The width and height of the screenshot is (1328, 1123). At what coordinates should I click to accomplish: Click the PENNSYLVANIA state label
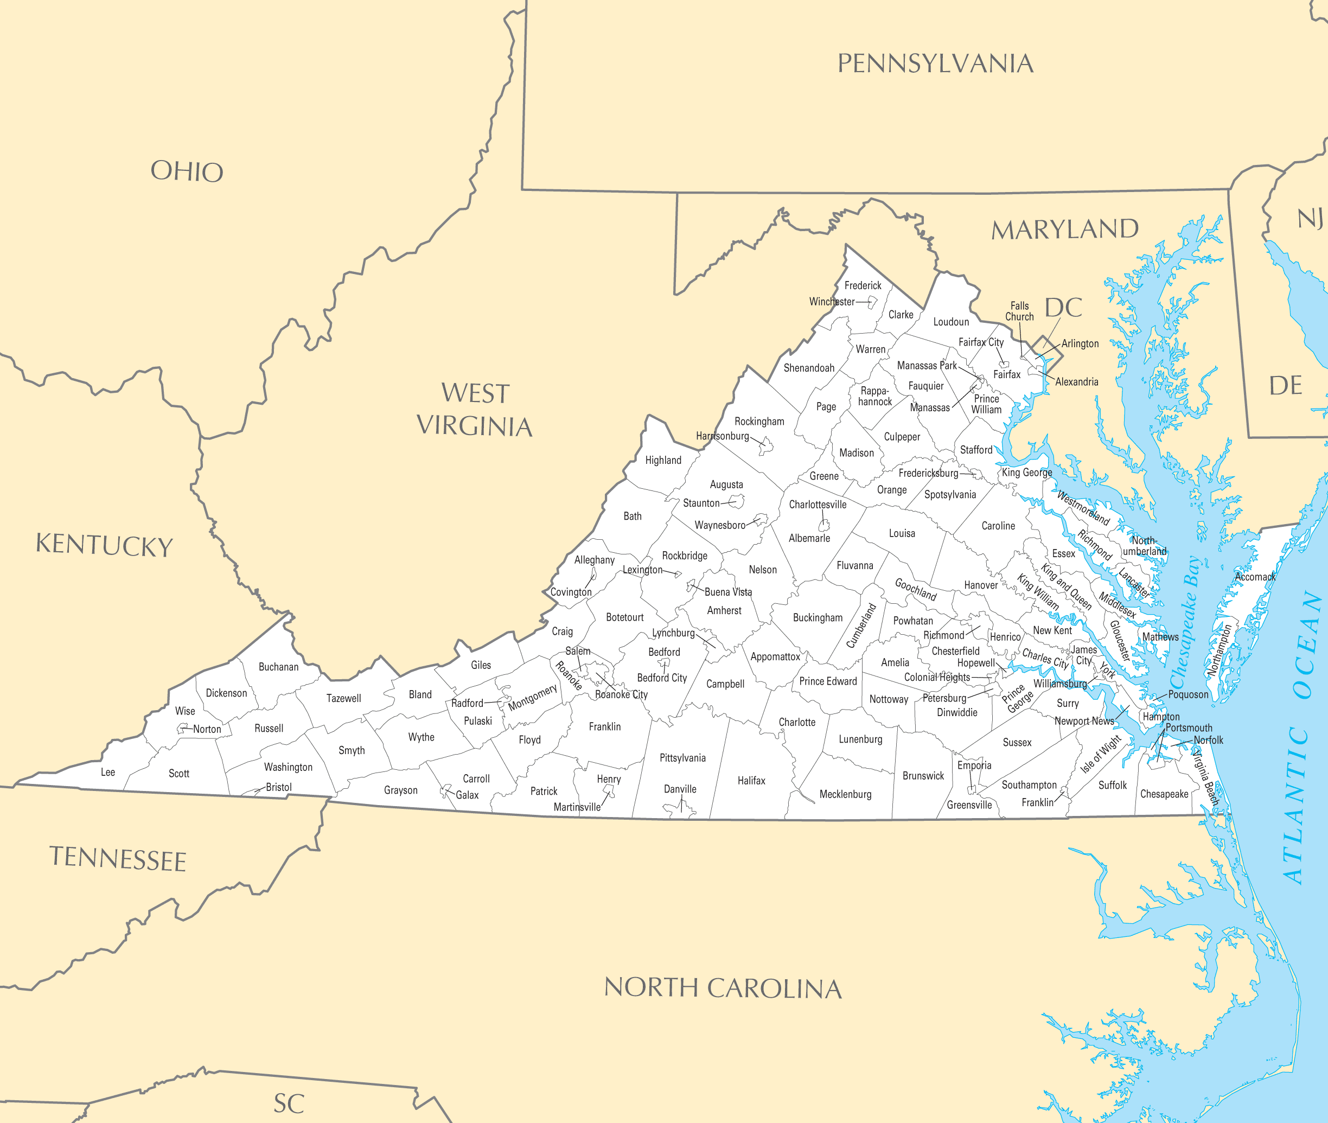pos(935,63)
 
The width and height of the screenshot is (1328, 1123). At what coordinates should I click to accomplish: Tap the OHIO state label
pos(187,171)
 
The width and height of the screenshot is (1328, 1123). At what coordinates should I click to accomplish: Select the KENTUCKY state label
pos(104,546)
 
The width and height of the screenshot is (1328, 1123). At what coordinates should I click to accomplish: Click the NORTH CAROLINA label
pos(723,988)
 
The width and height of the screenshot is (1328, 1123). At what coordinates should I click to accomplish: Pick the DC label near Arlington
pos(1064,308)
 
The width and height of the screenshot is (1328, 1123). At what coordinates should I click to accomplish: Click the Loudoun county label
pos(951,322)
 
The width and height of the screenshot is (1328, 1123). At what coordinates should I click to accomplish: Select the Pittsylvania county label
pos(682,757)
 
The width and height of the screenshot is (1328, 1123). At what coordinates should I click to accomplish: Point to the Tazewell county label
pos(344,698)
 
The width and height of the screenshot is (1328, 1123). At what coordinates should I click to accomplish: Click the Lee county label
pos(108,772)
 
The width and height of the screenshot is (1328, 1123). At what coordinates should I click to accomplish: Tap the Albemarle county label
pos(809,538)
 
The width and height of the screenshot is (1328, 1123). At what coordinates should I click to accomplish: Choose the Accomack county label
pos(1255,577)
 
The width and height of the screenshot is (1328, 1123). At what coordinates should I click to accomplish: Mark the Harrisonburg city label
pos(723,436)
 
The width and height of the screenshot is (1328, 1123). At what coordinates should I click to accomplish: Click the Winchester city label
pos(832,302)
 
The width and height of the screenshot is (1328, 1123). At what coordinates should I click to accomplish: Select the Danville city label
pos(680,789)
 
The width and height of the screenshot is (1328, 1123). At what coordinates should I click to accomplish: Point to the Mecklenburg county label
pos(845,794)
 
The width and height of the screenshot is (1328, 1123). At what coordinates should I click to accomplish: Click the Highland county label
pos(663,460)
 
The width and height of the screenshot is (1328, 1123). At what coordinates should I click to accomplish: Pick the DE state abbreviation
pos(1285,386)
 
